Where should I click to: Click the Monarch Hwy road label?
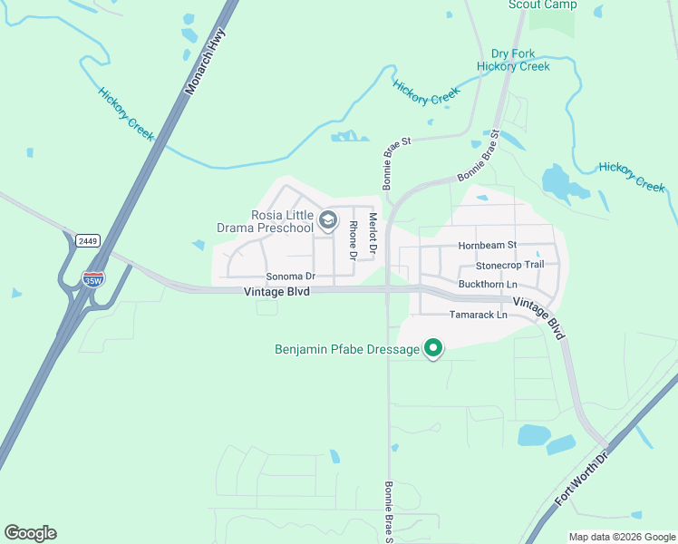[206, 61]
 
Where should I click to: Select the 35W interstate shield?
[92, 278]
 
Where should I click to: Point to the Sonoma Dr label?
[290, 277]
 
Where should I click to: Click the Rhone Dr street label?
[354, 236]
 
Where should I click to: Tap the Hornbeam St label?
[487, 245]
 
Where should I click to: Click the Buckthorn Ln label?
[488, 285]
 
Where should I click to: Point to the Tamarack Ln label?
[479, 315]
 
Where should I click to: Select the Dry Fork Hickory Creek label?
[514, 60]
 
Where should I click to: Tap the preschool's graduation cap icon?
[328, 220]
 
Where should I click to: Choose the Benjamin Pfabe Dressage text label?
[347, 349]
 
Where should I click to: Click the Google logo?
[30, 533]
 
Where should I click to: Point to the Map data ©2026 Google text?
[621, 537]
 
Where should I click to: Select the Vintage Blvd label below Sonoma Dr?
[281, 292]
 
